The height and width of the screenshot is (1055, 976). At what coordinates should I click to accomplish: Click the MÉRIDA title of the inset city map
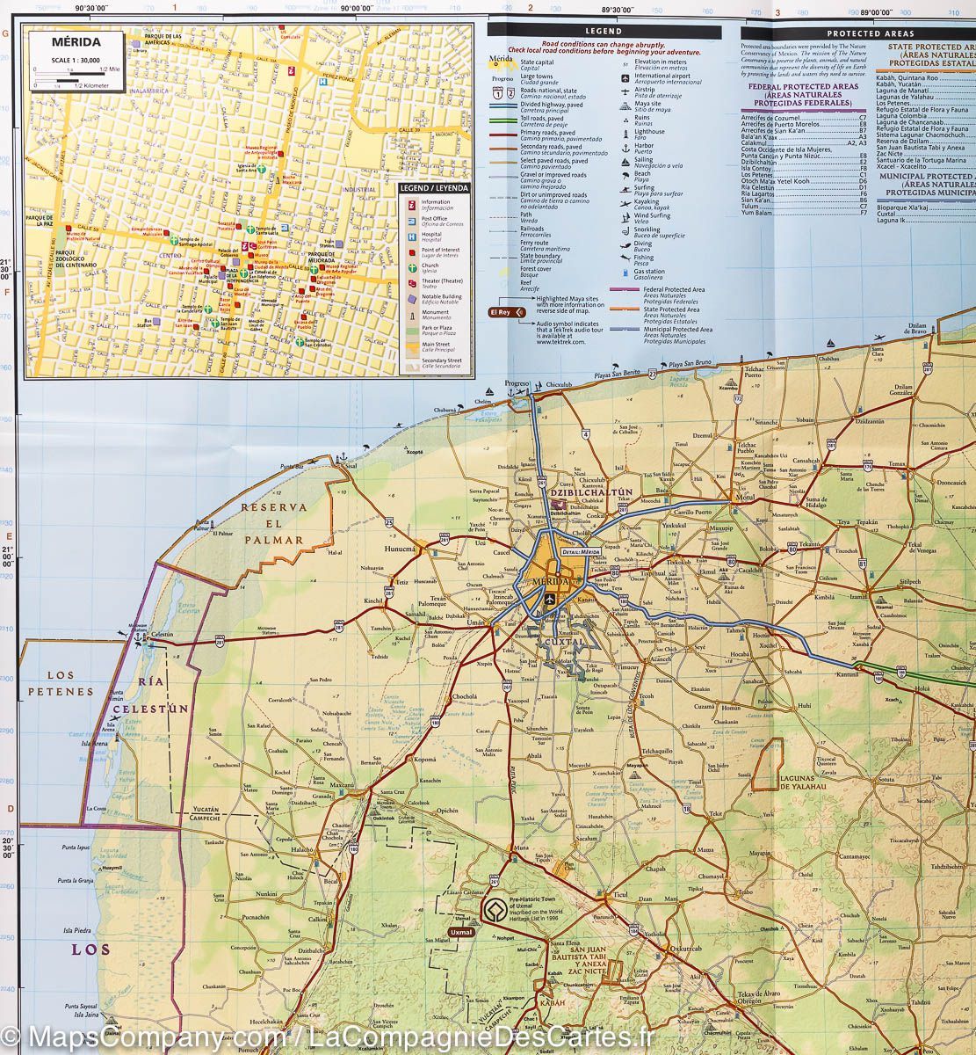point(76,41)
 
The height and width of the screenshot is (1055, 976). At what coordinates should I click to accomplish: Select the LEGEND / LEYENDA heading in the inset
point(434,187)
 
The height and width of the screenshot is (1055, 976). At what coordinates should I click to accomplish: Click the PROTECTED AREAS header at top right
point(859,33)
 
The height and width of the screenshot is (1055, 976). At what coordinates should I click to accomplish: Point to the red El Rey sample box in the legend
point(500,311)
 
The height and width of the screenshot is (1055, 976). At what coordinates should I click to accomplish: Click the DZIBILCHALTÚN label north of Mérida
point(577,492)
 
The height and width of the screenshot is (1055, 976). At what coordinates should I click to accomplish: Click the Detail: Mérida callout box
point(583,551)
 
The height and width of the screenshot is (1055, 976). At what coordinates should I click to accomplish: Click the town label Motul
point(746,497)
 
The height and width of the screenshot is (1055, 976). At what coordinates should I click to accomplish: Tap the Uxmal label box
point(460,932)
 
